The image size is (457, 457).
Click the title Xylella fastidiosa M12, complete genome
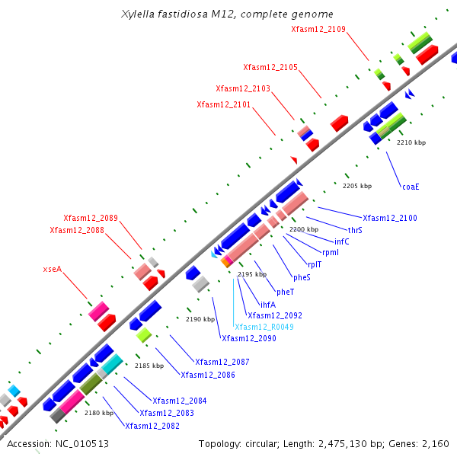227,14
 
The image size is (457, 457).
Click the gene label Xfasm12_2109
318,29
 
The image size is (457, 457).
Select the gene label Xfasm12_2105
270,67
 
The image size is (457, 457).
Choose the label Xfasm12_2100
390,218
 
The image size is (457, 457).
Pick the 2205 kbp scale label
357,186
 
